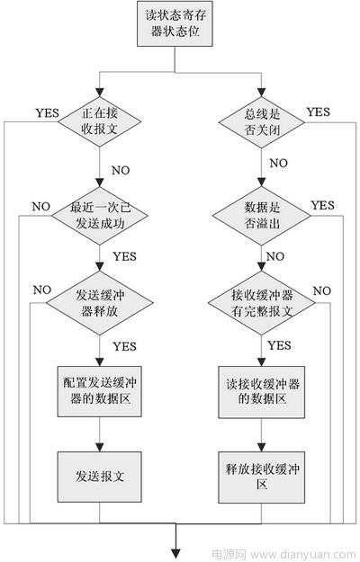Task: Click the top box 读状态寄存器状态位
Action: pyautogui.click(x=175, y=23)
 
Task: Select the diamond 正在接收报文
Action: pyautogui.click(x=100, y=122)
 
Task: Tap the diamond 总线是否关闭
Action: pyautogui.click(x=262, y=122)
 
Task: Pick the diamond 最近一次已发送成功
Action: pyautogui.click(x=100, y=216)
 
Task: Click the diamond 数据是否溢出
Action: pyautogui.click(x=262, y=216)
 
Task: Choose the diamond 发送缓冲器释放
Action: pyautogui.click(x=100, y=303)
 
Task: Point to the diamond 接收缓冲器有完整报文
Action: pyautogui.click(x=262, y=303)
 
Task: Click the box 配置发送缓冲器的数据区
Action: pyautogui.click(x=100, y=391)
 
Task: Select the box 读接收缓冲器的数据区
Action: pyautogui.click(x=262, y=392)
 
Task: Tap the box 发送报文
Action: pyautogui.click(x=100, y=477)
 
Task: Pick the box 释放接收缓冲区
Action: pyautogui.click(x=262, y=477)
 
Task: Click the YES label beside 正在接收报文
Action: pyautogui.click(x=48, y=113)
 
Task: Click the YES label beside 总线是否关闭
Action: pyautogui.click(x=318, y=112)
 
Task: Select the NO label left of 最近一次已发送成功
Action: pyautogui.click(x=40, y=207)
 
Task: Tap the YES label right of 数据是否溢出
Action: pyautogui.click(x=323, y=205)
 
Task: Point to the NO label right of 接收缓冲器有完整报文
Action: pyautogui.click(x=321, y=291)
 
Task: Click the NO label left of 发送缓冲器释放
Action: pyautogui.click(x=42, y=290)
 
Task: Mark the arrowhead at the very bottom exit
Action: pyautogui.click(x=175, y=554)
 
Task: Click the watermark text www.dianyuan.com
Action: pyautogui.click(x=303, y=555)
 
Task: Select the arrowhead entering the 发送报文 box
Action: pyautogui.click(x=100, y=447)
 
